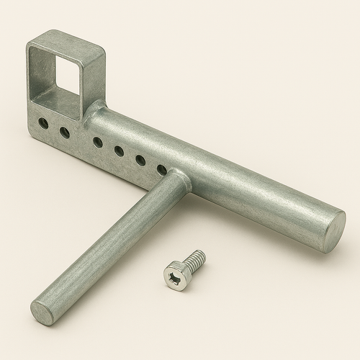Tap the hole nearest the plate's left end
point(44,124)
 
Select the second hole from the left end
point(65,132)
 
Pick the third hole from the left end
point(97,143)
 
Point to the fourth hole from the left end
point(119,151)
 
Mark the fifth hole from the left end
point(140,160)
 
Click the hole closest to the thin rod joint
point(162,170)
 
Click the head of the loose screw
point(176,275)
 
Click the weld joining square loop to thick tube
point(94,112)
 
